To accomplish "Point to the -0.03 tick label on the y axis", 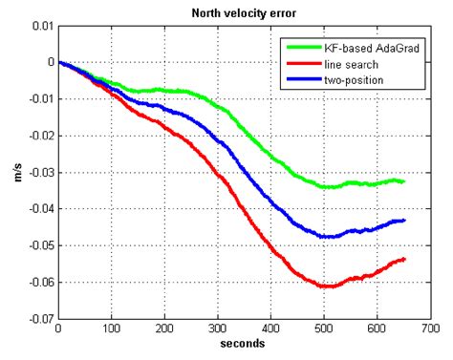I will [38, 172].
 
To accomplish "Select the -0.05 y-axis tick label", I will [38, 245].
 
